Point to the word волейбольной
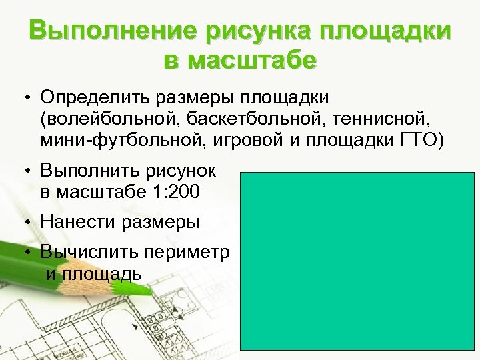[x=109, y=120]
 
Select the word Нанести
[x=77, y=221]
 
